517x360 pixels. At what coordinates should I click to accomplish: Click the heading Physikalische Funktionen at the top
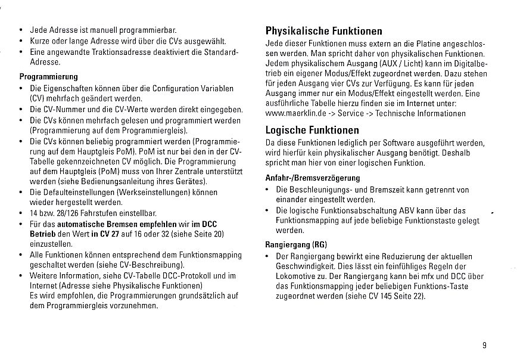[323, 31]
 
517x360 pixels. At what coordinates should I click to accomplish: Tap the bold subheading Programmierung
[49, 77]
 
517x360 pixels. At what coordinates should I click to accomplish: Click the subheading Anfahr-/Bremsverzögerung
[312, 178]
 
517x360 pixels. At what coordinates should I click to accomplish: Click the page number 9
[485, 344]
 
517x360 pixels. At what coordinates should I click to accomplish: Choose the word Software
[388, 142]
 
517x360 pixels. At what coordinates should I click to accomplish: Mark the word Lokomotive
[297, 277]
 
